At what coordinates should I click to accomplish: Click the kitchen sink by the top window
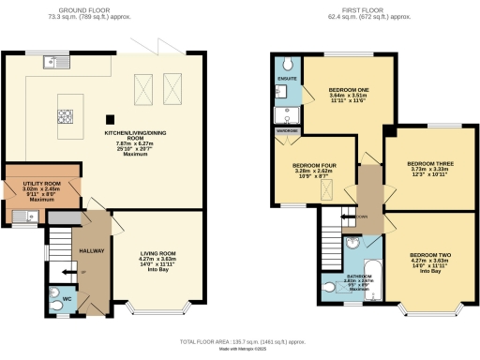[x=51, y=63]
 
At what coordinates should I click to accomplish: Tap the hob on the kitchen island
[x=67, y=115]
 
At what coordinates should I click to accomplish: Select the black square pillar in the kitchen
[x=110, y=119]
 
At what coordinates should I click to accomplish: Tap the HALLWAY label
[x=90, y=251]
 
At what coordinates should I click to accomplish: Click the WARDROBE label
[x=287, y=131]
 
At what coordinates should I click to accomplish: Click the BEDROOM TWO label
[x=430, y=255]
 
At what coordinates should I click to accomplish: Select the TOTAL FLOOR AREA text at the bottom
[x=239, y=343]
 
